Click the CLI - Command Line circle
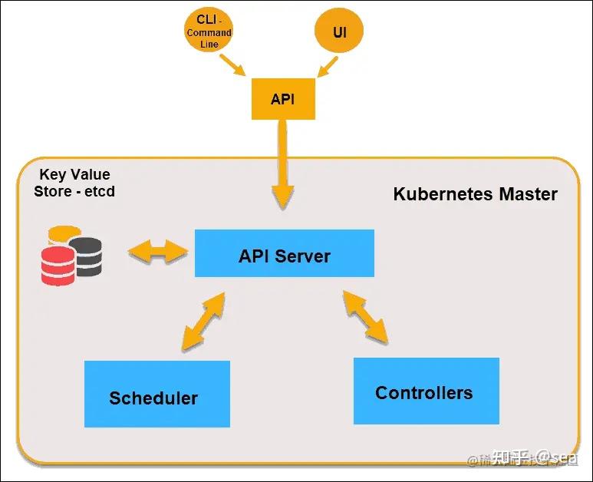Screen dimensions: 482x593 coord(209,32)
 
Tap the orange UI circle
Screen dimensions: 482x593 coord(338,32)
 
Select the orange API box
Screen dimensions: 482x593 coord(283,100)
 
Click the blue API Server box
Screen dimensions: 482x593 coord(284,253)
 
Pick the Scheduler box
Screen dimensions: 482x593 coord(156,394)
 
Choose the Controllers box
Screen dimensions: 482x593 coord(426,391)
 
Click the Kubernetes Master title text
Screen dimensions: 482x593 coord(475,193)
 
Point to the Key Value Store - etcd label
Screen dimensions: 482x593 coord(74,183)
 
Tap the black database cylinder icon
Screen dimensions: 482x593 coord(86,255)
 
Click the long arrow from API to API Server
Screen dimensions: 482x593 coord(283,164)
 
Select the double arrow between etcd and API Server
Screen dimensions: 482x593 coord(158,251)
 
